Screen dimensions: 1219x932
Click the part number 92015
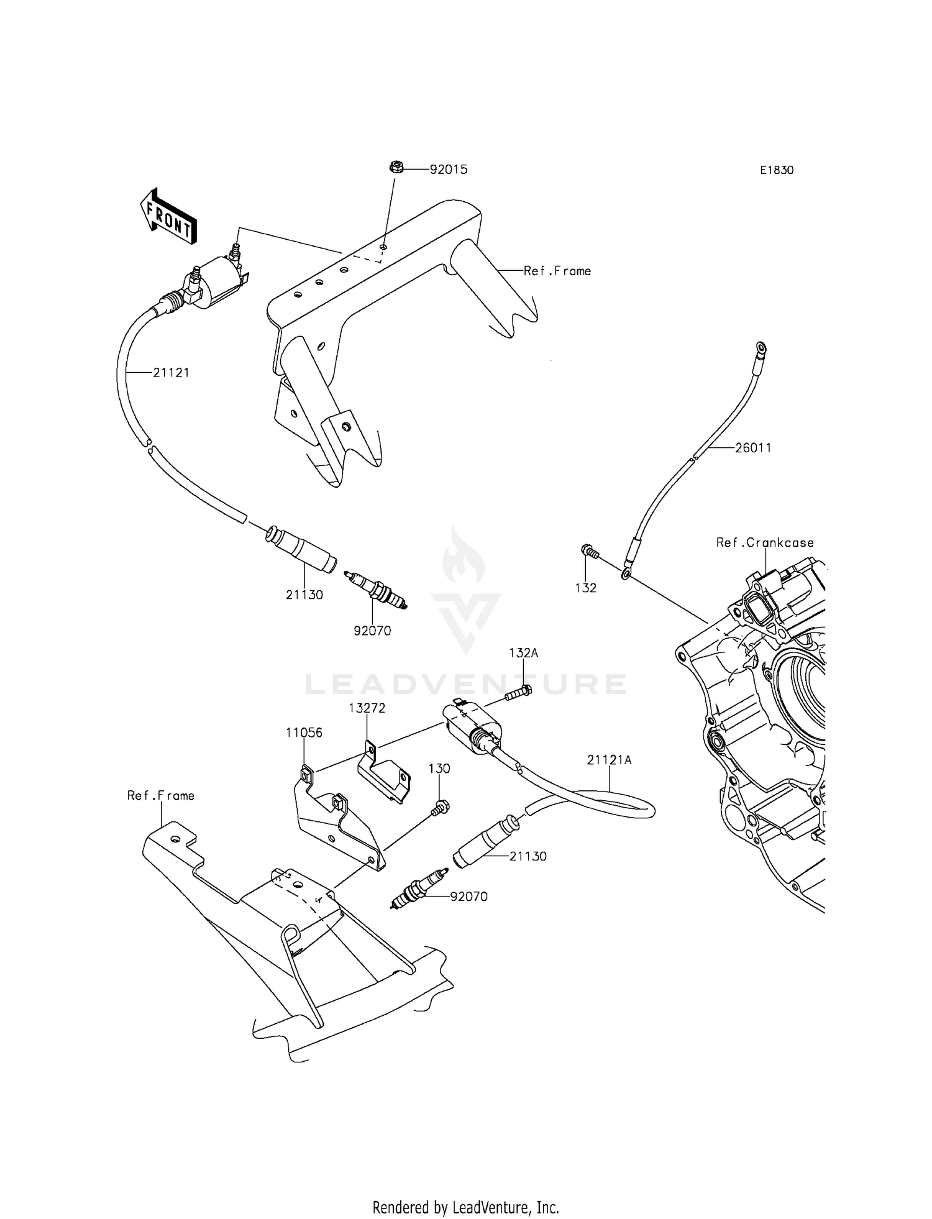pos(449,170)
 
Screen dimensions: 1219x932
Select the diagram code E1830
pos(777,170)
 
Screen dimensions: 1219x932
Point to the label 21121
pos(171,373)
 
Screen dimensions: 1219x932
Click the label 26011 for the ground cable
pos(753,448)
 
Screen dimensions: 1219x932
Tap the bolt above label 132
pos(588,550)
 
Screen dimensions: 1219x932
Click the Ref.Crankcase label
pos(765,542)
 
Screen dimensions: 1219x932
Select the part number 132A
pos(523,653)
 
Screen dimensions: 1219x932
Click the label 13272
pos(367,708)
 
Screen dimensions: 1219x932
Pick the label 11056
pos(304,733)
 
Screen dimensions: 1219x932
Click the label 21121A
pos(609,760)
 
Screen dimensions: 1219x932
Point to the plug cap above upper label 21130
pos(303,549)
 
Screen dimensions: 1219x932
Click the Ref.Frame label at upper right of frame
pos(557,271)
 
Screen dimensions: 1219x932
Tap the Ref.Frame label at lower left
pos(160,796)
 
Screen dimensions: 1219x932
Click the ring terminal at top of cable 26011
pos(760,347)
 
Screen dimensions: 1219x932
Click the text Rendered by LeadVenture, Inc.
pos(465,1208)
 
